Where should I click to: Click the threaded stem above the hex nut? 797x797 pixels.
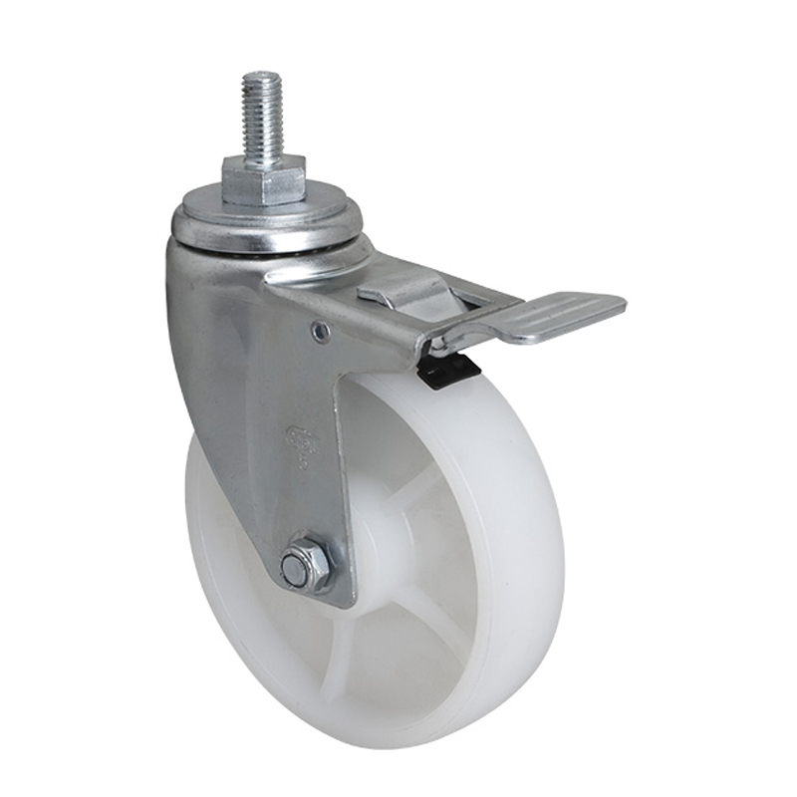click(262, 115)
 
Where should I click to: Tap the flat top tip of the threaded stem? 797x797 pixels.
click(262, 76)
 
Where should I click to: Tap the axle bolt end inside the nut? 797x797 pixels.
click(296, 570)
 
